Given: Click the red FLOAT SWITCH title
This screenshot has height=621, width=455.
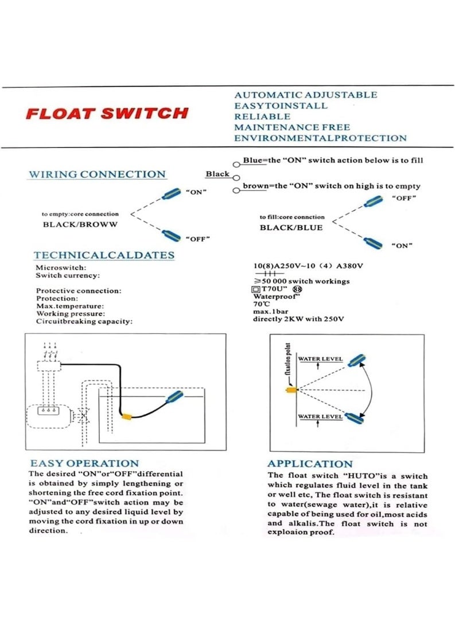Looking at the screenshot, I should [107, 113].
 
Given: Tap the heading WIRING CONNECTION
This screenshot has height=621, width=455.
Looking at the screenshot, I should [97, 174].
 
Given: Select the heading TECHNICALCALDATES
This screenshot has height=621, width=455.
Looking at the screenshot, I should [104, 255].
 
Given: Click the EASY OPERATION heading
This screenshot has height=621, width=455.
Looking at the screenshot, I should [84, 463].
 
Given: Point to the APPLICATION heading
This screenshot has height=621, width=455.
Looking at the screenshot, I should [310, 464].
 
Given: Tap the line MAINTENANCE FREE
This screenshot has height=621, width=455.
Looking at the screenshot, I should [291, 127].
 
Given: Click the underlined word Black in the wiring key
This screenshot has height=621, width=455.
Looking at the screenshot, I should [217, 174].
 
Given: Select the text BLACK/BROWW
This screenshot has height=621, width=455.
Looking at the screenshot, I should [80, 224].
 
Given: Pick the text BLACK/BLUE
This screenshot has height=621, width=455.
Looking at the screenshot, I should [291, 227].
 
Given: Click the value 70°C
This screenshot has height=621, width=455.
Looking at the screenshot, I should [262, 304].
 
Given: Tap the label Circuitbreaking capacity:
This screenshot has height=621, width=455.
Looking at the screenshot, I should [84, 321].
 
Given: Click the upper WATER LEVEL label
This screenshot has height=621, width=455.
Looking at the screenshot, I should [320, 359].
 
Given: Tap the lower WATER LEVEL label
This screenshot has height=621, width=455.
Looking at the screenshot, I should [320, 417].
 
